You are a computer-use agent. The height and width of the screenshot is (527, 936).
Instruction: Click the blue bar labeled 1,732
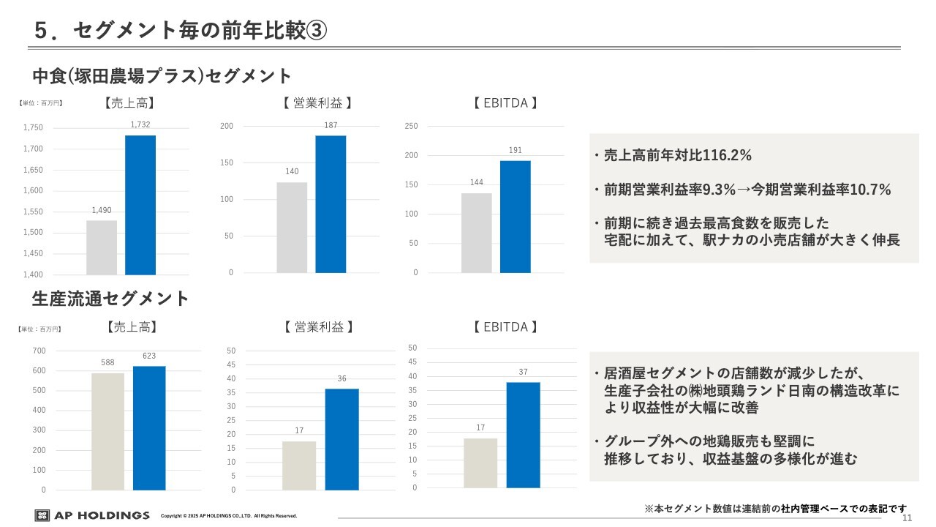tap(140, 205)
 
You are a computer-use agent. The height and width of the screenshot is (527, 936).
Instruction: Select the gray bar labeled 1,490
tap(102, 247)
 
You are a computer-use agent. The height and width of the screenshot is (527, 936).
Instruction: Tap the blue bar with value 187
tap(331, 204)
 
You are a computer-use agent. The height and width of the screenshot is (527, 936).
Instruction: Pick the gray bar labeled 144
tap(476, 233)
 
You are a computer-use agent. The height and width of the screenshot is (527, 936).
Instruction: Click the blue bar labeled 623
tap(149, 427)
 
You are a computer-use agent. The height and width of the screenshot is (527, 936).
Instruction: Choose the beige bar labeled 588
tap(107, 431)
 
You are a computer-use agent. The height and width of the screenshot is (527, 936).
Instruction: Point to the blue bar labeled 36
tap(341, 439)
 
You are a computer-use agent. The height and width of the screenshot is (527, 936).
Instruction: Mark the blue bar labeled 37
tap(523, 435)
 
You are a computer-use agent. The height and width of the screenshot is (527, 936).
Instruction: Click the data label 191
tap(515, 150)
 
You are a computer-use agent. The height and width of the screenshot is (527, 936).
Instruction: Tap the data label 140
tap(292, 171)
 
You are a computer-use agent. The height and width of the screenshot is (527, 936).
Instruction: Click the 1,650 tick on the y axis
tap(33, 170)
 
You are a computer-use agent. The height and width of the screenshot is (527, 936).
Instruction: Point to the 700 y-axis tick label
tap(39, 351)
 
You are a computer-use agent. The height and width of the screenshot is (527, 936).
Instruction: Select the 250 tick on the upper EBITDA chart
tap(411, 127)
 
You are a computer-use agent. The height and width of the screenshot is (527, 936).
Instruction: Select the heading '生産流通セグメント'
tap(110, 298)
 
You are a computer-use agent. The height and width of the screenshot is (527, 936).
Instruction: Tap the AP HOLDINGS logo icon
tap(42, 515)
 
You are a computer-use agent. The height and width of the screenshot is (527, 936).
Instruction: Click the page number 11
tap(907, 518)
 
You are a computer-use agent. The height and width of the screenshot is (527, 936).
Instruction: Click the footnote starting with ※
tap(775, 508)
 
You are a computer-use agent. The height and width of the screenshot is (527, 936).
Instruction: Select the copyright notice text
tap(229, 516)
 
